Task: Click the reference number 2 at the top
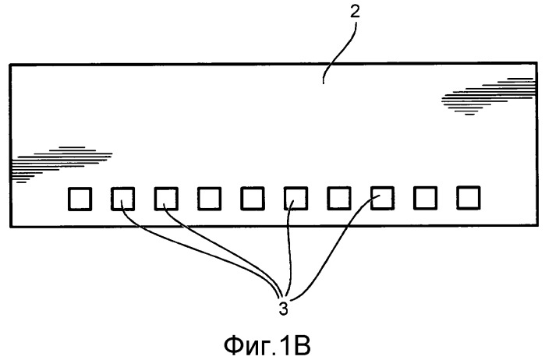355,12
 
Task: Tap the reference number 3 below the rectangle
283,309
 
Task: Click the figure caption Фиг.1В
267,345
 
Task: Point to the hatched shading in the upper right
488,97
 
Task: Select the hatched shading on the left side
62,164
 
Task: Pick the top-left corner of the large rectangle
10,65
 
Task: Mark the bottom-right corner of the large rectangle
537,225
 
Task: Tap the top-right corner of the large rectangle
536,63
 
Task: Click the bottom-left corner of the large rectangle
10,227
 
